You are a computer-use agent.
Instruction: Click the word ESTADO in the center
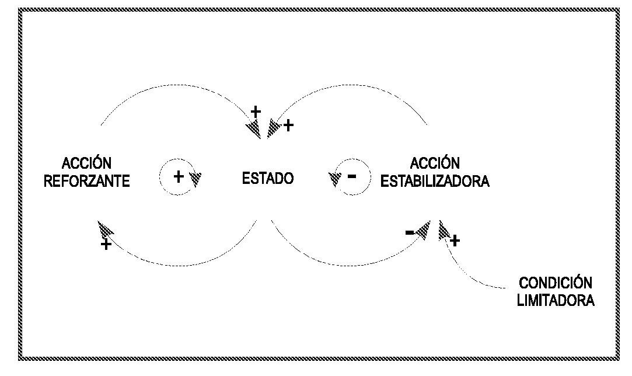(x=267, y=179)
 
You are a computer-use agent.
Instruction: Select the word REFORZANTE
(x=87, y=181)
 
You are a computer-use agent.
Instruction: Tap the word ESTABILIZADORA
(x=435, y=181)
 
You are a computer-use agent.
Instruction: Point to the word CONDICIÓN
(x=556, y=284)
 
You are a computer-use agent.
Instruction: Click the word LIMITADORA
(x=556, y=301)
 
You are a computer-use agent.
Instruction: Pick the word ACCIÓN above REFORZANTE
(x=87, y=163)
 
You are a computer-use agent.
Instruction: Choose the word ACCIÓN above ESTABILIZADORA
(x=435, y=163)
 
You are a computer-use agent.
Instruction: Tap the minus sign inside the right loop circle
(x=351, y=176)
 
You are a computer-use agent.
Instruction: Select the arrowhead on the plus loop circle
(x=195, y=178)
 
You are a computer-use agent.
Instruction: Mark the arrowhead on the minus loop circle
(x=335, y=179)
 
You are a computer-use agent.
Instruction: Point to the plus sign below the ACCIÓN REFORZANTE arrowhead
(x=106, y=245)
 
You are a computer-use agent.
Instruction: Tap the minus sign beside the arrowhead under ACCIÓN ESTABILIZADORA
(x=410, y=233)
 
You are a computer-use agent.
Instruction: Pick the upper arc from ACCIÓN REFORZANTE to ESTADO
(x=175, y=86)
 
